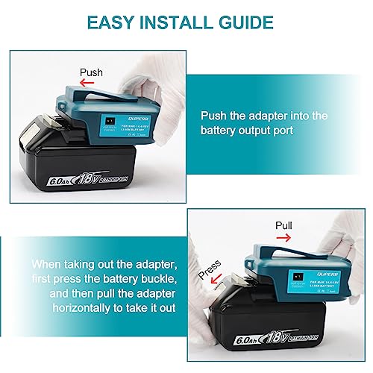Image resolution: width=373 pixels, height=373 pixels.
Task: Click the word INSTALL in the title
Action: pyautogui.click(x=178, y=23)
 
